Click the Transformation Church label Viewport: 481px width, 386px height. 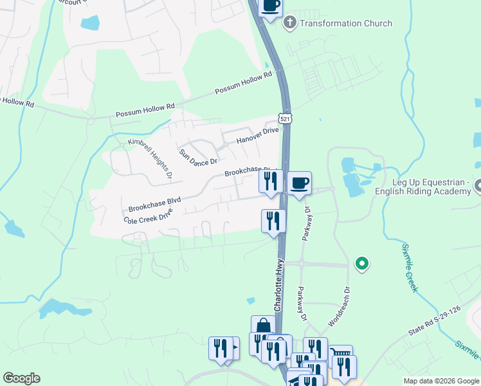[x=346, y=24]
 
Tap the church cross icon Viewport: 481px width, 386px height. [x=289, y=23]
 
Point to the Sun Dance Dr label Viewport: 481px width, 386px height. [x=198, y=156]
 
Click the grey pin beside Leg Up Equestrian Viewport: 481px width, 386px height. [x=478, y=187]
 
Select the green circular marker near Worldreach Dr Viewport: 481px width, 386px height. [x=362, y=262]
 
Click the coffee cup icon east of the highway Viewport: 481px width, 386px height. [x=299, y=183]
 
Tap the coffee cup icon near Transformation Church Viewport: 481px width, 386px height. [x=271, y=6]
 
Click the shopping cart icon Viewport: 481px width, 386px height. [x=340, y=354]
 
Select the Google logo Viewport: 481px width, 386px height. [x=21, y=378]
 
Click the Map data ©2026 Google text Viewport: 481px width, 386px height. [x=440, y=381]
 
